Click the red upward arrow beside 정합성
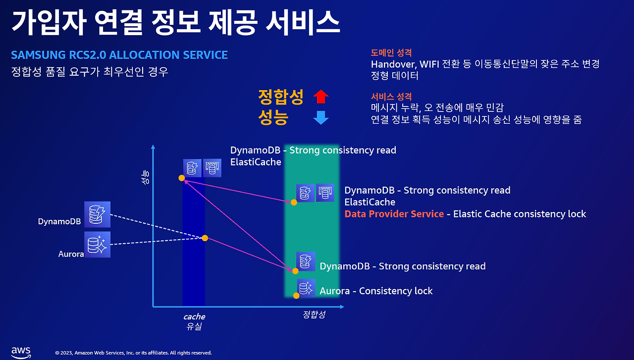click(x=320, y=97)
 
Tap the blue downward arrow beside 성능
click(x=320, y=117)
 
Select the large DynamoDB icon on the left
click(x=97, y=214)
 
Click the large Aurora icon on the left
click(x=97, y=245)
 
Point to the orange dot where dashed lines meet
click(x=205, y=238)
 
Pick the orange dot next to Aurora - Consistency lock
click(x=296, y=296)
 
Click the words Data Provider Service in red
click(x=394, y=214)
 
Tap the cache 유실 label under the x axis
click(x=194, y=321)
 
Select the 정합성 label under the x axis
click(x=314, y=314)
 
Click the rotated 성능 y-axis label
click(x=145, y=177)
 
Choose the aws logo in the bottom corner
click(x=21, y=353)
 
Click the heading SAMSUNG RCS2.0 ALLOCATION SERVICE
click(x=119, y=55)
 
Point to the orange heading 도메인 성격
click(x=391, y=52)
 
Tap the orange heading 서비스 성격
click(x=391, y=97)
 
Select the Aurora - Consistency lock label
click(x=376, y=291)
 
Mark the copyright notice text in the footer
click(x=133, y=353)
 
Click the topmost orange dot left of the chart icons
click(x=182, y=178)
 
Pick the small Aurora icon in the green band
click(x=306, y=288)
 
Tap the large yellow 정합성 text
click(x=281, y=97)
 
